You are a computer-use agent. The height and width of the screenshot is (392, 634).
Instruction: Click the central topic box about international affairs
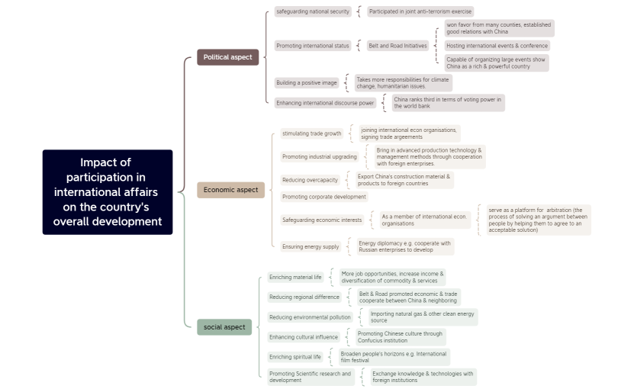point(108,192)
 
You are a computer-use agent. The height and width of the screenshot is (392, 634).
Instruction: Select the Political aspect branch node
point(227,57)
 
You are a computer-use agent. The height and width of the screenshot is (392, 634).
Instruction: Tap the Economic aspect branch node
point(230,190)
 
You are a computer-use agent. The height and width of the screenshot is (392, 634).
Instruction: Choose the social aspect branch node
point(224,327)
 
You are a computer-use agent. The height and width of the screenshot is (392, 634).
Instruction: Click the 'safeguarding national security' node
point(313,11)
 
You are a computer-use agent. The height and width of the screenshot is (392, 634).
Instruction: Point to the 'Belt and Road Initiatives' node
point(397,46)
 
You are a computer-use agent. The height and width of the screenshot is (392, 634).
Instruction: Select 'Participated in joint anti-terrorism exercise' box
point(420,11)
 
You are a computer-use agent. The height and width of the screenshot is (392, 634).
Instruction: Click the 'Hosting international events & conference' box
point(497,46)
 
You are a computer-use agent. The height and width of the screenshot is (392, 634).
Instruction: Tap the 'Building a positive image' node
point(307,82)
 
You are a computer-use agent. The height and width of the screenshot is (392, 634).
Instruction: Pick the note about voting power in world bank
point(447,102)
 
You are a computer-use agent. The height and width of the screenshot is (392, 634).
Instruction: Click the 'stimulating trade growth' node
point(312,133)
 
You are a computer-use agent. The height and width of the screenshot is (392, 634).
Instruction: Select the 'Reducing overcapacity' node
point(310,180)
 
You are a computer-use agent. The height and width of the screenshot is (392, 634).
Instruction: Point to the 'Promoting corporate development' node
point(323,197)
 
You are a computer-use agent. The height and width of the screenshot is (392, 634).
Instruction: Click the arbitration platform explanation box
point(538,220)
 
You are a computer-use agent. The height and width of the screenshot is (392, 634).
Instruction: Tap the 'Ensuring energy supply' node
point(311,246)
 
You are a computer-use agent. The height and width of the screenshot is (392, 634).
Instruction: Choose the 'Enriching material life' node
point(295,277)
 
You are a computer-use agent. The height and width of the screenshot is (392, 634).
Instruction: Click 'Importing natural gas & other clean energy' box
point(422,316)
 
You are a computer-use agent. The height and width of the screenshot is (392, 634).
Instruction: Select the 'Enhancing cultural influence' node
point(303,337)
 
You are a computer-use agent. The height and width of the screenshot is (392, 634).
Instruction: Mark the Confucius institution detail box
point(400,337)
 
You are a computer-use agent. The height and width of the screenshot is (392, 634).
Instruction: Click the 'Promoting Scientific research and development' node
point(311,377)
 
